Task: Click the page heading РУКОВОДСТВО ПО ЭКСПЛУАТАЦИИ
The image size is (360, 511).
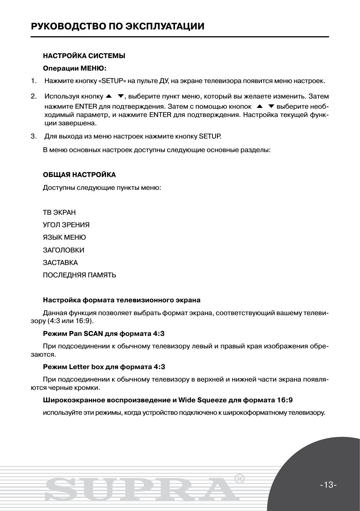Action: point(118,26)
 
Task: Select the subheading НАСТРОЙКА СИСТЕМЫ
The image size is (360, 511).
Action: point(84,56)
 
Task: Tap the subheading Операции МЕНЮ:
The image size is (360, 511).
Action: point(75,68)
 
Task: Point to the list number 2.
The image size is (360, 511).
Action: point(34,96)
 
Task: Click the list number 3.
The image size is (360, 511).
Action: point(34,136)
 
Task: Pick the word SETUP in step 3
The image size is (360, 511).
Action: point(210,136)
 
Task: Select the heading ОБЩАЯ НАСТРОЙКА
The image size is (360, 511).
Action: point(79,175)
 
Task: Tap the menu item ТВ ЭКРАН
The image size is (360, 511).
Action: point(59,212)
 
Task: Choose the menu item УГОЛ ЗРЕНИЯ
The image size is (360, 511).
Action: point(66,225)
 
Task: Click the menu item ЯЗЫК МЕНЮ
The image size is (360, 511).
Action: point(64,237)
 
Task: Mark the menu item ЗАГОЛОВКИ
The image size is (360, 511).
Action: point(63,250)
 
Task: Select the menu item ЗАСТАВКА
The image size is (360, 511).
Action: point(60,263)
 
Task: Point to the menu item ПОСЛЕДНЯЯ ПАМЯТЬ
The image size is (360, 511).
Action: point(79,275)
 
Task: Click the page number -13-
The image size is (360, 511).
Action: point(328,485)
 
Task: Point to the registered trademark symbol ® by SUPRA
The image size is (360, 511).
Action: point(240,479)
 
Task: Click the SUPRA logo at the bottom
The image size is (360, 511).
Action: point(140,489)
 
